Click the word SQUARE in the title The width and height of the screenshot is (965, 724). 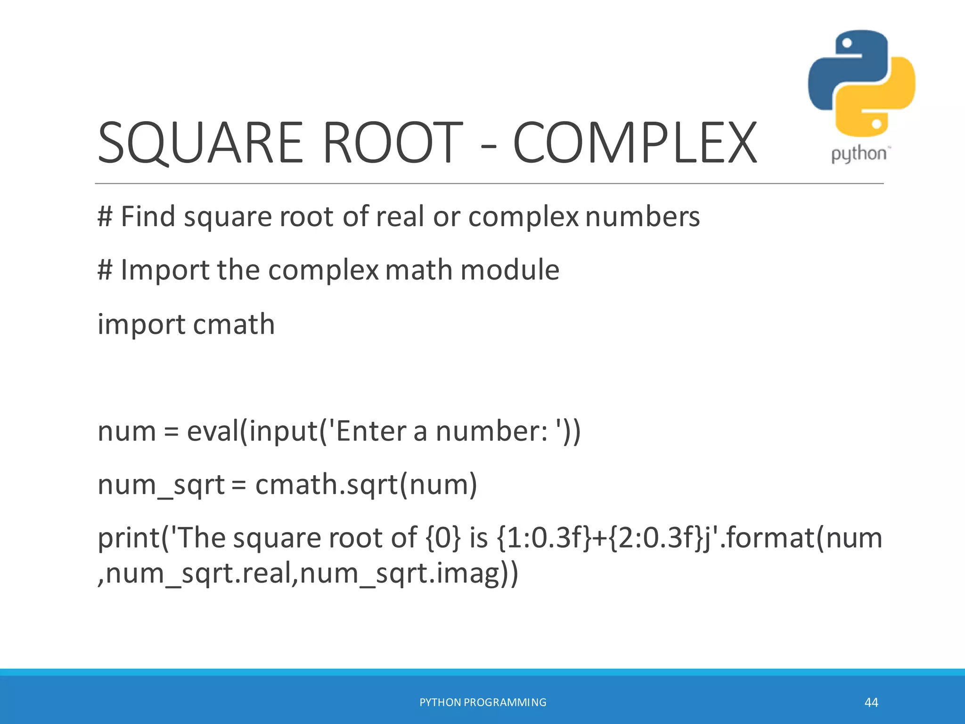coord(201,142)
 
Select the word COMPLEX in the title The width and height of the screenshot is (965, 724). coord(635,142)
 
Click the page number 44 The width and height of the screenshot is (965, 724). coord(871,703)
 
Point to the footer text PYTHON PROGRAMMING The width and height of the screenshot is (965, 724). coord(482,703)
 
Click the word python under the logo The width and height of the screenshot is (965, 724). coord(859,154)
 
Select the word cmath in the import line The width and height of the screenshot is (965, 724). coord(234,324)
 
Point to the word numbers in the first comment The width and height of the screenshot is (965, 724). coord(643,217)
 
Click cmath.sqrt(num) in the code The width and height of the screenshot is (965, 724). coord(366,485)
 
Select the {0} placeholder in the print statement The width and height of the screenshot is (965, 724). coord(443,538)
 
